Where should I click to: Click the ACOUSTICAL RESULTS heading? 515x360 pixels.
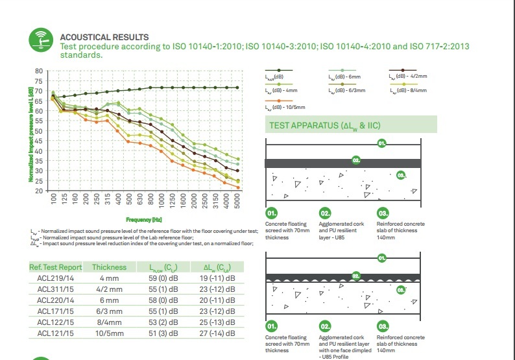coord(104,38)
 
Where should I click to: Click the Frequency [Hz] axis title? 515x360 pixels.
coord(143,220)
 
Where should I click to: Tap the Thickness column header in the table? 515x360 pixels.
coord(109,267)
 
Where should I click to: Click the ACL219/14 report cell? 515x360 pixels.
coord(55,278)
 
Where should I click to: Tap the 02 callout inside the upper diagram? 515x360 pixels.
coord(355,160)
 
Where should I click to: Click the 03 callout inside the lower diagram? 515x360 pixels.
coord(401,289)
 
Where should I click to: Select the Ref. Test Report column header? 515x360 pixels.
coord(55,267)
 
